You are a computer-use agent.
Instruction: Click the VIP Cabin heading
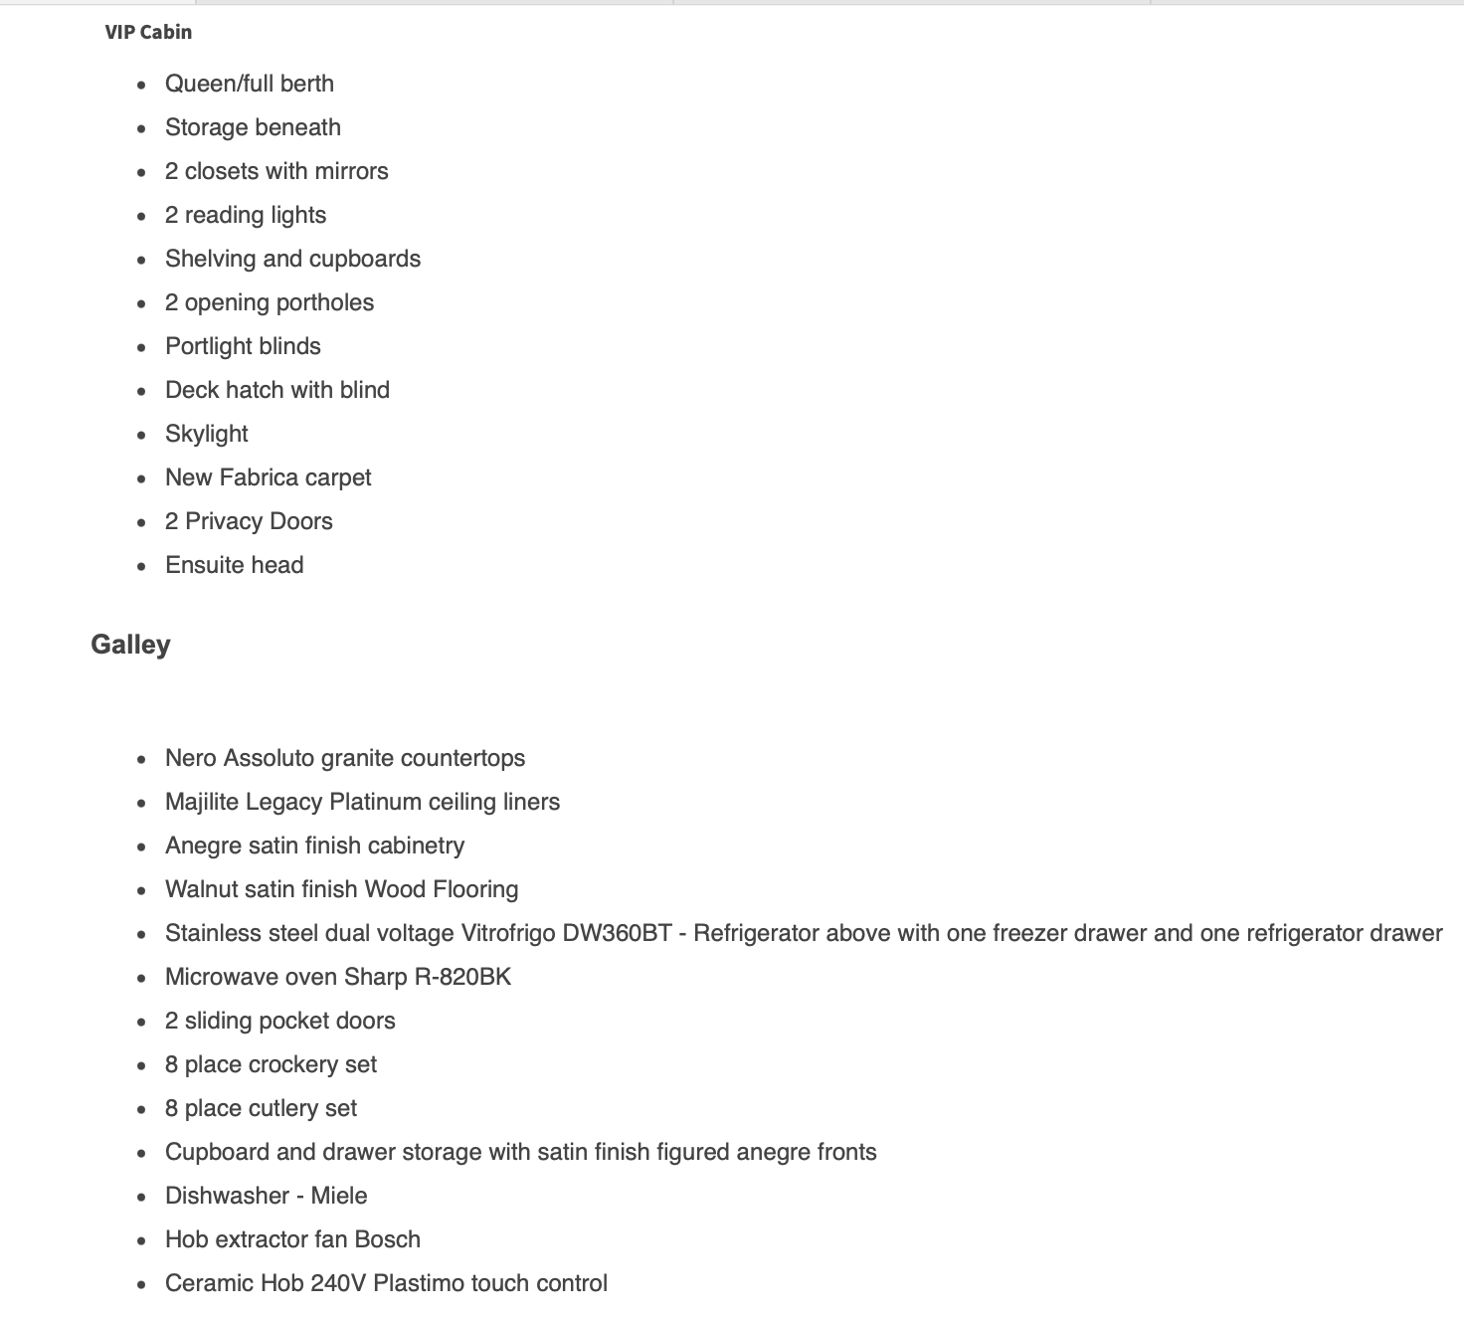point(148,32)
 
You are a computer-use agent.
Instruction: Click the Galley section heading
point(130,645)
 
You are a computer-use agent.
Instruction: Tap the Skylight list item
point(207,434)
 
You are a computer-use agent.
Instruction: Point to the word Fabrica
point(259,477)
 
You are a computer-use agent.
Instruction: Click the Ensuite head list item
point(235,565)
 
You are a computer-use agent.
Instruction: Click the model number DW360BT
point(617,933)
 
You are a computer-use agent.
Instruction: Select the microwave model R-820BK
point(462,977)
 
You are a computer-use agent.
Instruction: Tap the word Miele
point(339,1196)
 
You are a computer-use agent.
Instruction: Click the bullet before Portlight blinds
point(141,347)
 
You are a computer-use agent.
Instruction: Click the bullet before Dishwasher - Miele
point(141,1197)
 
